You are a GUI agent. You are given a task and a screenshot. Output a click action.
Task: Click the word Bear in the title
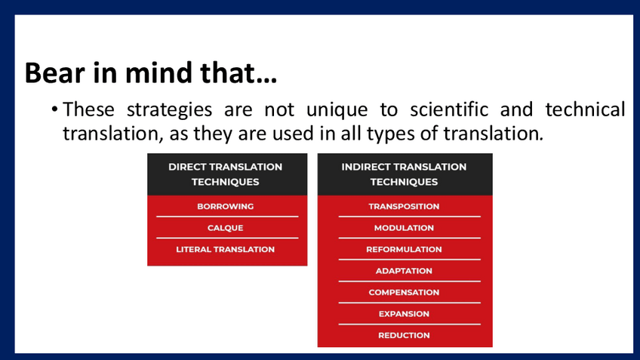click(x=54, y=72)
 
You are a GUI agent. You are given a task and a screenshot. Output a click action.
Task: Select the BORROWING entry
click(x=226, y=207)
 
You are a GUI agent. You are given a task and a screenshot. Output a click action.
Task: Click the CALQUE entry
click(x=226, y=228)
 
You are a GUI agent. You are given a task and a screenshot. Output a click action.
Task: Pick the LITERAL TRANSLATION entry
click(x=226, y=249)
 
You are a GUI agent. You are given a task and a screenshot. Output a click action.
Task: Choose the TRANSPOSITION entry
click(x=404, y=207)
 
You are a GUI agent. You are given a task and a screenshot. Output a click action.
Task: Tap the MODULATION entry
click(x=404, y=228)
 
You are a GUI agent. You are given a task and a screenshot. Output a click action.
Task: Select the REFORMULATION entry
click(x=404, y=249)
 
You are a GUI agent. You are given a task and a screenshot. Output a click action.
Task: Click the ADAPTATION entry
click(x=404, y=271)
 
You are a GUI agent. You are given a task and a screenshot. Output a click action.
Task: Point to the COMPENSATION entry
click(x=404, y=293)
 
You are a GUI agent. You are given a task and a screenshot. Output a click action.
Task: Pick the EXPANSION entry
click(x=404, y=314)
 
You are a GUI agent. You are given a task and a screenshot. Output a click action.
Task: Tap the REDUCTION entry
click(x=404, y=336)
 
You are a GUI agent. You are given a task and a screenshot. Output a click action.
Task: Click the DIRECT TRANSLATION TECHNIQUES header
click(x=226, y=174)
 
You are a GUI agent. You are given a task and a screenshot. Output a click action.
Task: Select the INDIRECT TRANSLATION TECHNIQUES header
click(x=404, y=174)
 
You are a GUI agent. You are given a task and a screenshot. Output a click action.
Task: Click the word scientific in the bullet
click(x=449, y=109)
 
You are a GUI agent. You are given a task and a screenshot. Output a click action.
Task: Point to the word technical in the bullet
click(x=586, y=109)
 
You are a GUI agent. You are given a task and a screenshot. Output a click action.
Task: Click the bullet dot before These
click(x=54, y=109)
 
